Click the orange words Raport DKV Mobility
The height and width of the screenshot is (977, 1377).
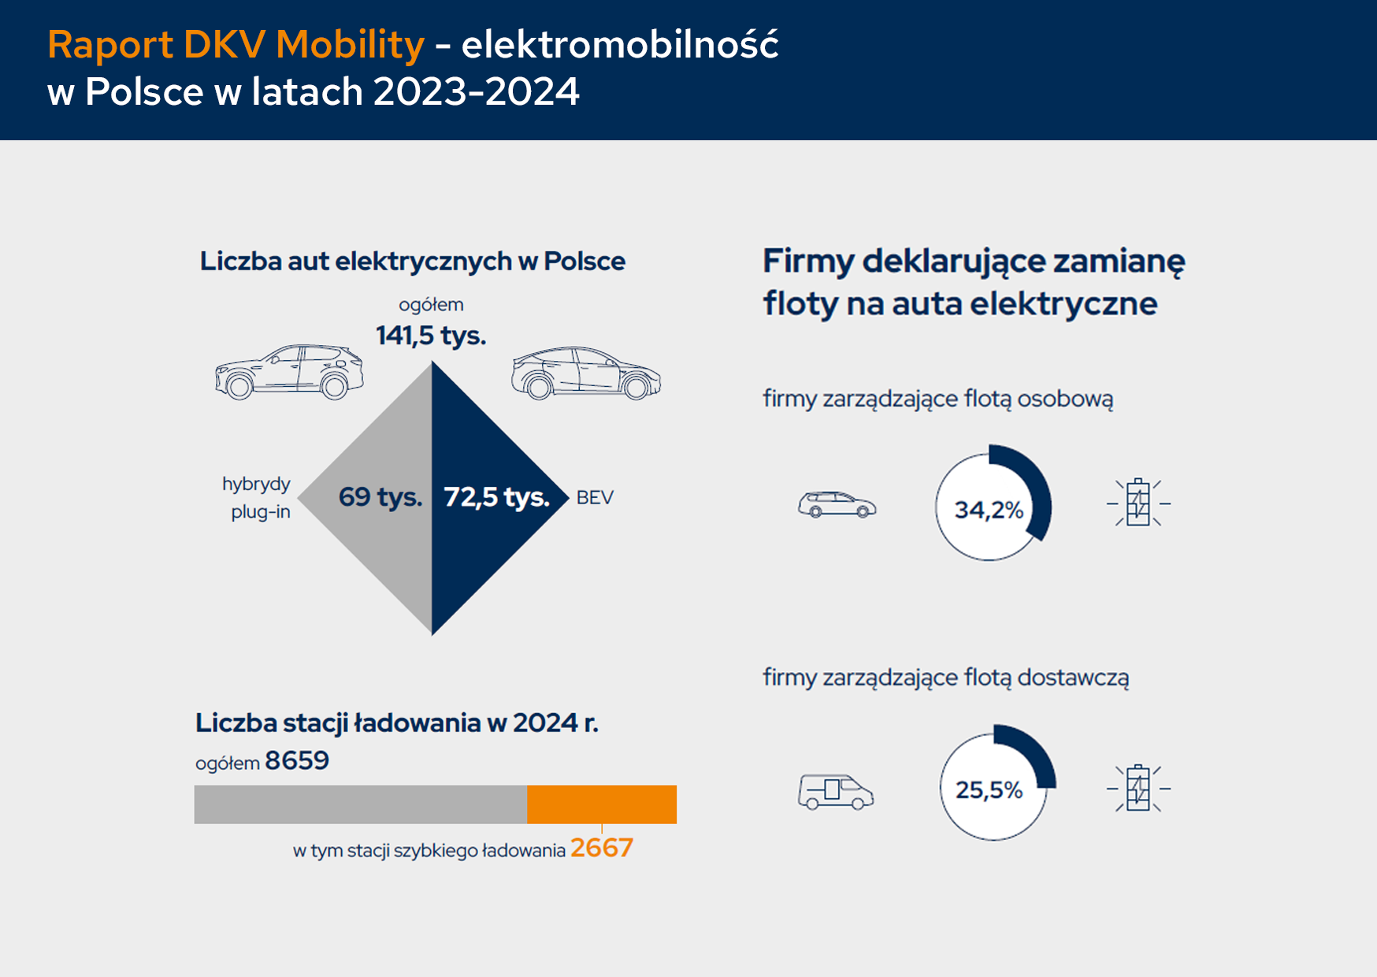tap(236, 45)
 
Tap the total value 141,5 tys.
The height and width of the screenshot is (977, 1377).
tap(431, 336)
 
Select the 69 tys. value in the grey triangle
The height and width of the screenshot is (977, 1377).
tap(380, 497)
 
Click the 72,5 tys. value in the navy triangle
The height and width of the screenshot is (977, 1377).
tap(496, 497)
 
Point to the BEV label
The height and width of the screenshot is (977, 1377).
tap(595, 498)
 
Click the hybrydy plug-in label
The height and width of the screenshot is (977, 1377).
tap(257, 498)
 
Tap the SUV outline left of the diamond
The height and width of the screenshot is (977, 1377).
tap(289, 371)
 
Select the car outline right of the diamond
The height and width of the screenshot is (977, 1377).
tap(586, 373)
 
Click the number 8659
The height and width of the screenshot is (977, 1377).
tap(297, 761)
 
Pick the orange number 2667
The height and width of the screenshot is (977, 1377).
tap(602, 849)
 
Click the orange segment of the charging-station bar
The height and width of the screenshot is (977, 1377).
tap(602, 804)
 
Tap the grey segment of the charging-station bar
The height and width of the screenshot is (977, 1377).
tap(360, 804)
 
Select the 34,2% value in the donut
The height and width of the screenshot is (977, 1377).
tap(989, 511)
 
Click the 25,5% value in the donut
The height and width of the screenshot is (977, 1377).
tap(989, 790)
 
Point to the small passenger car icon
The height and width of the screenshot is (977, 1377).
tap(837, 505)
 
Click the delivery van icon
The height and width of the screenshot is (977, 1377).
tap(835, 791)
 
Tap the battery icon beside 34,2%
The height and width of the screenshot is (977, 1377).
tap(1138, 503)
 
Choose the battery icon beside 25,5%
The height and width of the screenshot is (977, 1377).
tap(1138, 788)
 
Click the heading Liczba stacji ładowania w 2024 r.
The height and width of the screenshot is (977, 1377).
tap(397, 723)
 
